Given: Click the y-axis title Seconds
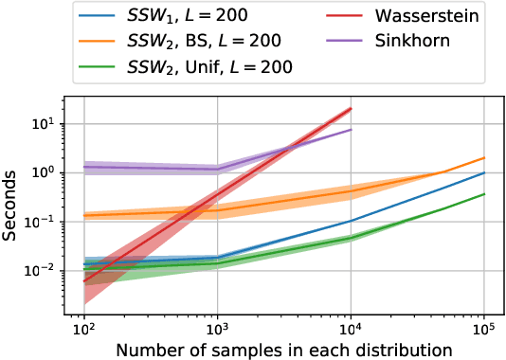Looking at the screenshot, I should (13, 205).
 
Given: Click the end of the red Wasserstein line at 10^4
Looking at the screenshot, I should (352, 108).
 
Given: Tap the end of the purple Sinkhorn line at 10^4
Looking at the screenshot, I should (352, 130).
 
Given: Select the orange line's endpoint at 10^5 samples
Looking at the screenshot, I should (484, 158).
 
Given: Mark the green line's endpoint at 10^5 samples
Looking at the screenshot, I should (484, 194).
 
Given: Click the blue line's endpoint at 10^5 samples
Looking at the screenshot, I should (484, 172).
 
